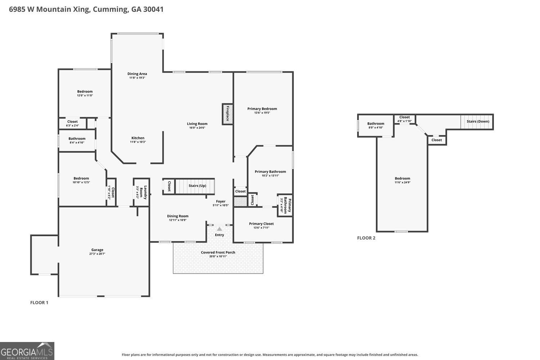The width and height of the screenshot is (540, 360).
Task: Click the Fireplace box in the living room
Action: [227, 114]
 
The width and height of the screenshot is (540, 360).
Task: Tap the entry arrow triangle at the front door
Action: [219, 229]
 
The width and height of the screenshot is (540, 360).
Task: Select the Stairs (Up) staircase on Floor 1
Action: [195, 186]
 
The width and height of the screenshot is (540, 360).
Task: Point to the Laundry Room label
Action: [143, 192]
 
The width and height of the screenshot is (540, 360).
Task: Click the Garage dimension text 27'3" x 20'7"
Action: [97, 254]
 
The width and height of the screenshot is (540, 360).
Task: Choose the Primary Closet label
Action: [261, 224]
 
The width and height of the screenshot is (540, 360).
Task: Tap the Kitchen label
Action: [138, 138]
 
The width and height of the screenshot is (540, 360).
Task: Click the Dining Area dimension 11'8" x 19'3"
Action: [137, 78]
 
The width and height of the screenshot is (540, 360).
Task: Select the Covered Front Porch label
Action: [218, 252]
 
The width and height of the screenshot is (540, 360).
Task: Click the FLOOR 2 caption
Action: [366, 238]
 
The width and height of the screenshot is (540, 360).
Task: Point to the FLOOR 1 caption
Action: [39, 303]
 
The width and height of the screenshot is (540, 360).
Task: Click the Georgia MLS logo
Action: [27, 351]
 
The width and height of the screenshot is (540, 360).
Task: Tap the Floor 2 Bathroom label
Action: [375, 123]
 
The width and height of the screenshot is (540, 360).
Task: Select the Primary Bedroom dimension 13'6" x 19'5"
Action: [262, 113]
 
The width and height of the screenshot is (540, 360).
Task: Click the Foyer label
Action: [221, 201]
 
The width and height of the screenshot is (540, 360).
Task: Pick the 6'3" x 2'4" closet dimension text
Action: [72, 125]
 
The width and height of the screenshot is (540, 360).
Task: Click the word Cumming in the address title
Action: [110, 9]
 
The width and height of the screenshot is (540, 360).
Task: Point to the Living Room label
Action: [197, 124]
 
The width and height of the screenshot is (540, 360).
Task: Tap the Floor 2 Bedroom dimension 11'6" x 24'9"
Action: [402, 182]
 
